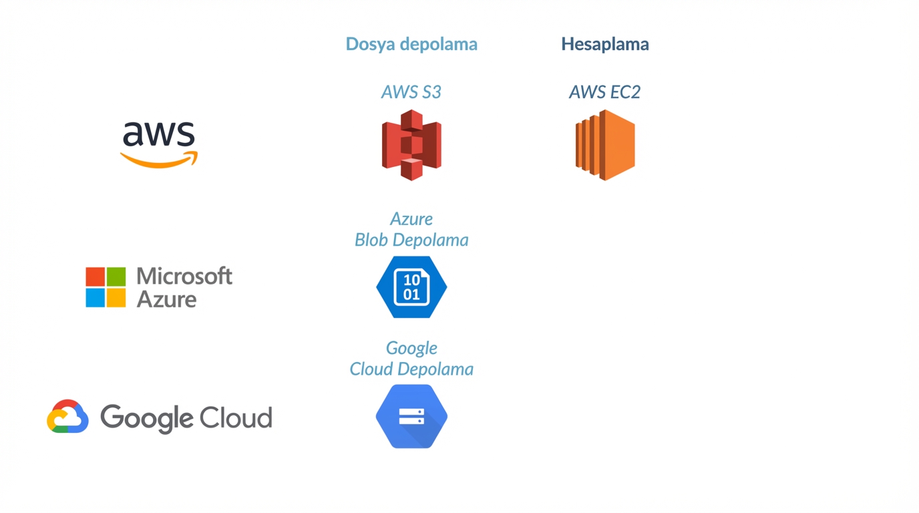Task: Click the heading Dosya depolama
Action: pos(411,44)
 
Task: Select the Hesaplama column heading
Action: pos(604,44)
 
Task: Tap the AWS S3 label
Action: pos(411,92)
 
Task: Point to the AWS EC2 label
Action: pos(604,92)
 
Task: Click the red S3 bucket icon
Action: pos(411,145)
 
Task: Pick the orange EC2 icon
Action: pos(605,145)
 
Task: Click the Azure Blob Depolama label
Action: pos(411,229)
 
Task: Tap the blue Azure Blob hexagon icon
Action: pos(411,287)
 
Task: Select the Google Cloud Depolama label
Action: pos(411,358)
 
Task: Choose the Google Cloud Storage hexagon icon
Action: pos(411,416)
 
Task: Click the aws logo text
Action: pos(159,134)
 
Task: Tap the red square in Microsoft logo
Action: pos(96,277)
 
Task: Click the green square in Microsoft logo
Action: pos(116,277)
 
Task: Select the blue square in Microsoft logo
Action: pos(96,297)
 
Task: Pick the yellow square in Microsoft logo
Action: pos(116,297)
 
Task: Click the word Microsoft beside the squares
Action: pos(184,276)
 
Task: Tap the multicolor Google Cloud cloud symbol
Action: pos(67,417)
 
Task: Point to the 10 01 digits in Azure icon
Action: pos(411,287)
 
